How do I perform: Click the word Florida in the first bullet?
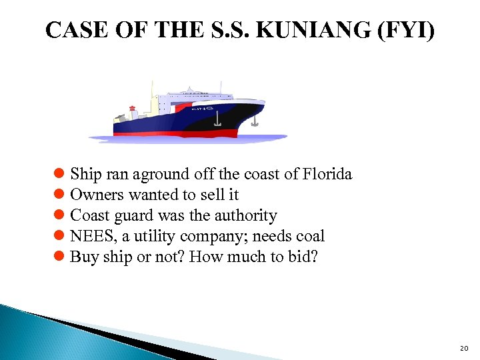click(x=327, y=175)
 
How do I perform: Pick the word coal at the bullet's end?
click(x=311, y=236)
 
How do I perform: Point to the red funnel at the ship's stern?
click(x=132, y=109)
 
